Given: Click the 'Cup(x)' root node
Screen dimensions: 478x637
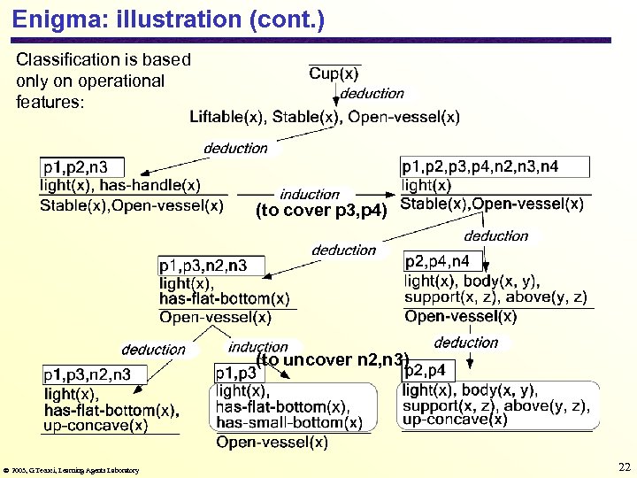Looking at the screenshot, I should click(334, 74).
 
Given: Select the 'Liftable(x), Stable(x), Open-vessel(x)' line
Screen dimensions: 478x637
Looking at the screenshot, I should click(325, 117).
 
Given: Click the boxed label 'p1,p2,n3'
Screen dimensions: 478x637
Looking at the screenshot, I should click(81, 166).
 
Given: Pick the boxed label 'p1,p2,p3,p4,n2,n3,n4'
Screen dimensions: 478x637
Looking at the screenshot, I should click(480, 166).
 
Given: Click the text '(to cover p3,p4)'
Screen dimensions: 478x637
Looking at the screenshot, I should click(321, 211).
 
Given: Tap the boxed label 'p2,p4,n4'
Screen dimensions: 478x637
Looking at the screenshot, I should click(443, 261).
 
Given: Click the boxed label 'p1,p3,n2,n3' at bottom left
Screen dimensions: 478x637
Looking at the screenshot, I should click(87, 374).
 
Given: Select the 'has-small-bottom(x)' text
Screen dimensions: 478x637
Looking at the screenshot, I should click(289, 422).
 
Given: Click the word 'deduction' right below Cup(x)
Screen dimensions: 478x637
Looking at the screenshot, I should click(372, 93).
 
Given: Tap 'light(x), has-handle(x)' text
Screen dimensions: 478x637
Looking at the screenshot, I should click(120, 185).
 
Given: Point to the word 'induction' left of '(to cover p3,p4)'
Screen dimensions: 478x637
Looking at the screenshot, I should click(310, 194).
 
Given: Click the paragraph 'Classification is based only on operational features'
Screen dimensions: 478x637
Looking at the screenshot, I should click(104, 81).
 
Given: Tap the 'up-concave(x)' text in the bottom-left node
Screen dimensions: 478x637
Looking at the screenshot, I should click(96, 426).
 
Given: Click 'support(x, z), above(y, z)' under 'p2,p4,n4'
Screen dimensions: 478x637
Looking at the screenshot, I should click(495, 297).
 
